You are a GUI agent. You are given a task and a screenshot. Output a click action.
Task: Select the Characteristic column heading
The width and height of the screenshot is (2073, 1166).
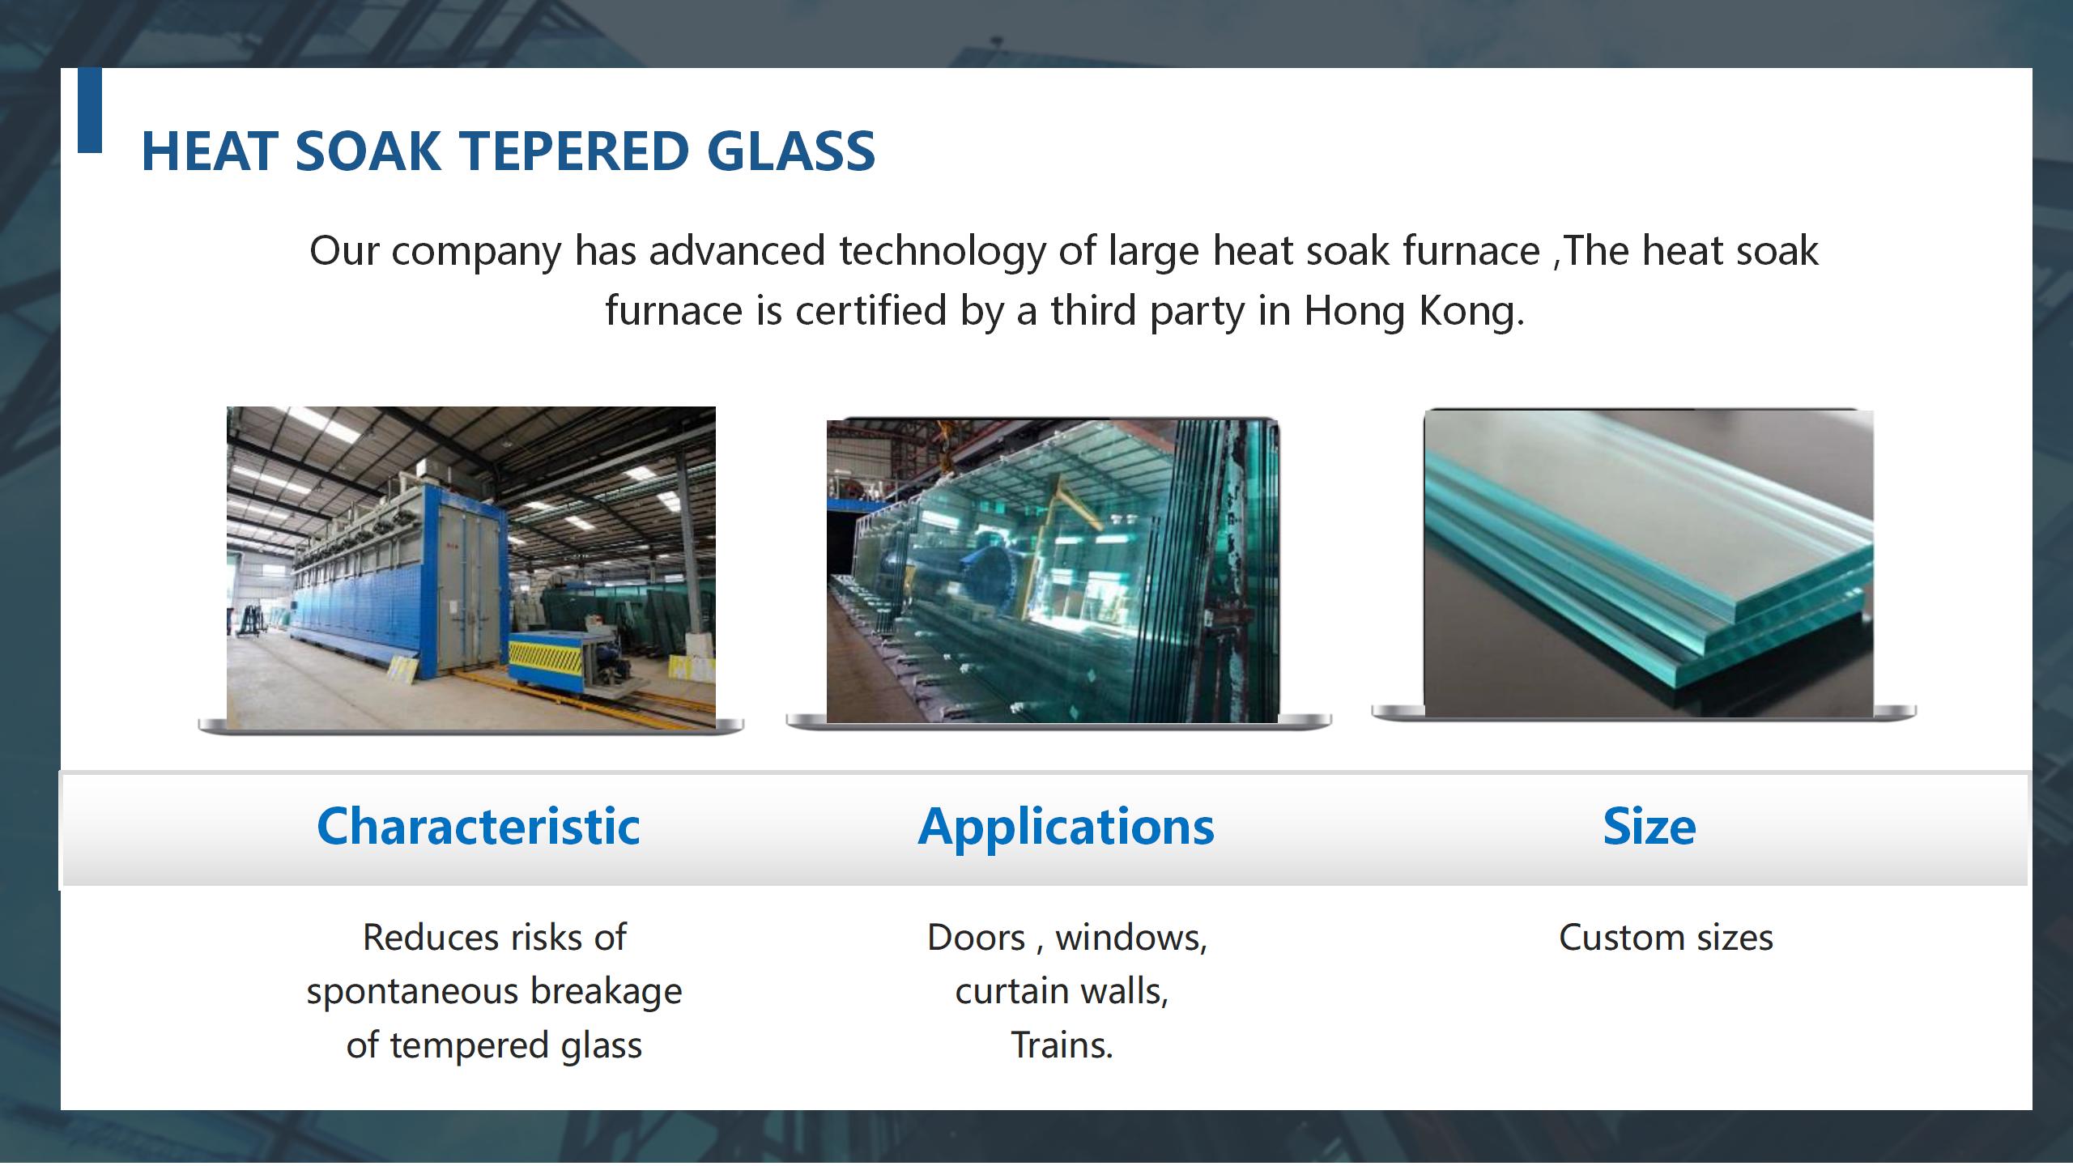pyautogui.click(x=479, y=827)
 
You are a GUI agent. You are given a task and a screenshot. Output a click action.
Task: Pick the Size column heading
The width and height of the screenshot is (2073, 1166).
pyautogui.click(x=1649, y=827)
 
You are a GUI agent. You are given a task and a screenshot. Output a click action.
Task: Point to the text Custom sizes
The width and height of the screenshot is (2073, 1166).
pyautogui.click(x=1666, y=938)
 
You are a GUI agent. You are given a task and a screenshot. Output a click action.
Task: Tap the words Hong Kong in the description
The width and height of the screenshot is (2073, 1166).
pyautogui.click(x=1414, y=311)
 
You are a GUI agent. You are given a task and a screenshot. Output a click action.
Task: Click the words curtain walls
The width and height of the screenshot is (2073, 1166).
pyautogui.click(x=1062, y=991)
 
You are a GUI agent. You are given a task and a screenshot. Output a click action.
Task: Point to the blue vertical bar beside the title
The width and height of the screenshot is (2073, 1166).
pyautogui.click(x=90, y=110)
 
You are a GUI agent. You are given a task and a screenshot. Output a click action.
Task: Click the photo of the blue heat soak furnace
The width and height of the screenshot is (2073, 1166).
pyautogui.click(x=471, y=567)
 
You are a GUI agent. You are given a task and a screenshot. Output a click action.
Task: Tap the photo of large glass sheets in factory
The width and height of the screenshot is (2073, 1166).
pyautogui.click(x=1053, y=571)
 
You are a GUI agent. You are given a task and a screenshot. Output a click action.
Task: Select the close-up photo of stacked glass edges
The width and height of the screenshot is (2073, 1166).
pyautogui.click(x=1649, y=563)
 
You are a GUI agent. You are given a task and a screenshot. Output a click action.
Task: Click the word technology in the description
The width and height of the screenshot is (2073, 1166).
pyautogui.click(x=942, y=251)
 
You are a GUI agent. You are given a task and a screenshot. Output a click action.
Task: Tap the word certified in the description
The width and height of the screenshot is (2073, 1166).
pyautogui.click(x=871, y=310)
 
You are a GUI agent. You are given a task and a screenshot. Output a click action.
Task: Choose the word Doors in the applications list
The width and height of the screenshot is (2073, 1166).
pyautogui.click(x=976, y=938)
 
